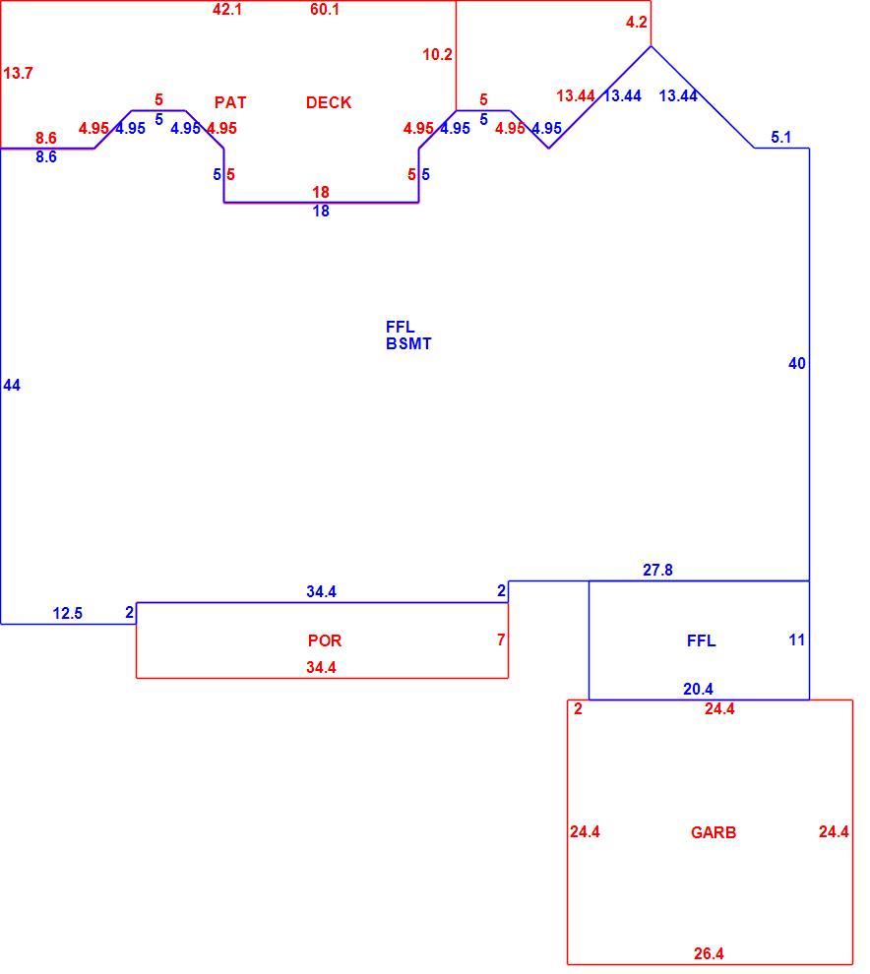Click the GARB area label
714,832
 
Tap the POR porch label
325,640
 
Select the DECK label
329,102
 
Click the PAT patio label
230,102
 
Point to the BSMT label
408,343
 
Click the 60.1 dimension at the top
325,9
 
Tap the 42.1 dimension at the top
226,9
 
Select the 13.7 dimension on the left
18,74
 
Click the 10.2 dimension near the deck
438,55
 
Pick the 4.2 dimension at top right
637,23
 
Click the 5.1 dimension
781,138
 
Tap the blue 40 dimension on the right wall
796,363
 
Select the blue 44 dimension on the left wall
12,385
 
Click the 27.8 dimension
657,570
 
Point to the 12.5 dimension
67,613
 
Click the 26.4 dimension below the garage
709,953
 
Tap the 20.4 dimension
698,689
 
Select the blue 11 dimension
796,639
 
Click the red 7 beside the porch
501,639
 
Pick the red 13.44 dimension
576,95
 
